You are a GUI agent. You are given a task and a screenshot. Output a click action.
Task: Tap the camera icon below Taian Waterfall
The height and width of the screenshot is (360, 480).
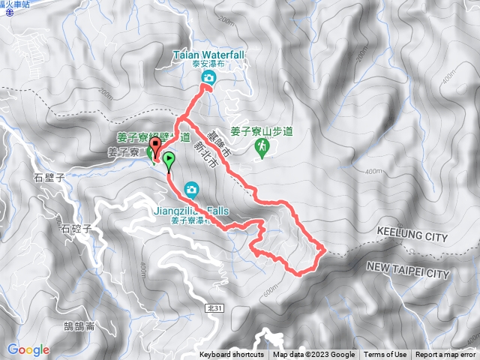point(210,78)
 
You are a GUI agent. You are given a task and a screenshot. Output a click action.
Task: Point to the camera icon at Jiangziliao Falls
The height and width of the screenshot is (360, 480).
point(192,188)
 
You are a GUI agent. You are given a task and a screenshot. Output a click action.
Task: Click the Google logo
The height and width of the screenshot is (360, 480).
point(28,349)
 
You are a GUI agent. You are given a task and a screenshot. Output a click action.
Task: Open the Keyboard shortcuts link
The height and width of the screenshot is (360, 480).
point(232,355)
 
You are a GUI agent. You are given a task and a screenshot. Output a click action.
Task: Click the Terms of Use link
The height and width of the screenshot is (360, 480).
point(385,355)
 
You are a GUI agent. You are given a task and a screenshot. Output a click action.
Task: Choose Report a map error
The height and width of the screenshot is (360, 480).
point(446,355)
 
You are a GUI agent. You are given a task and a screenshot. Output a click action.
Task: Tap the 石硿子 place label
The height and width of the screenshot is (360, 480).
point(76,228)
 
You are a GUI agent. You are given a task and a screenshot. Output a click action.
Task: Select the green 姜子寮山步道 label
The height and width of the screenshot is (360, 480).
point(261,131)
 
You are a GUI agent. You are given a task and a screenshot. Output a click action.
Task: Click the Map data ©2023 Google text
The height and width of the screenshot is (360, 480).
point(313,355)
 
